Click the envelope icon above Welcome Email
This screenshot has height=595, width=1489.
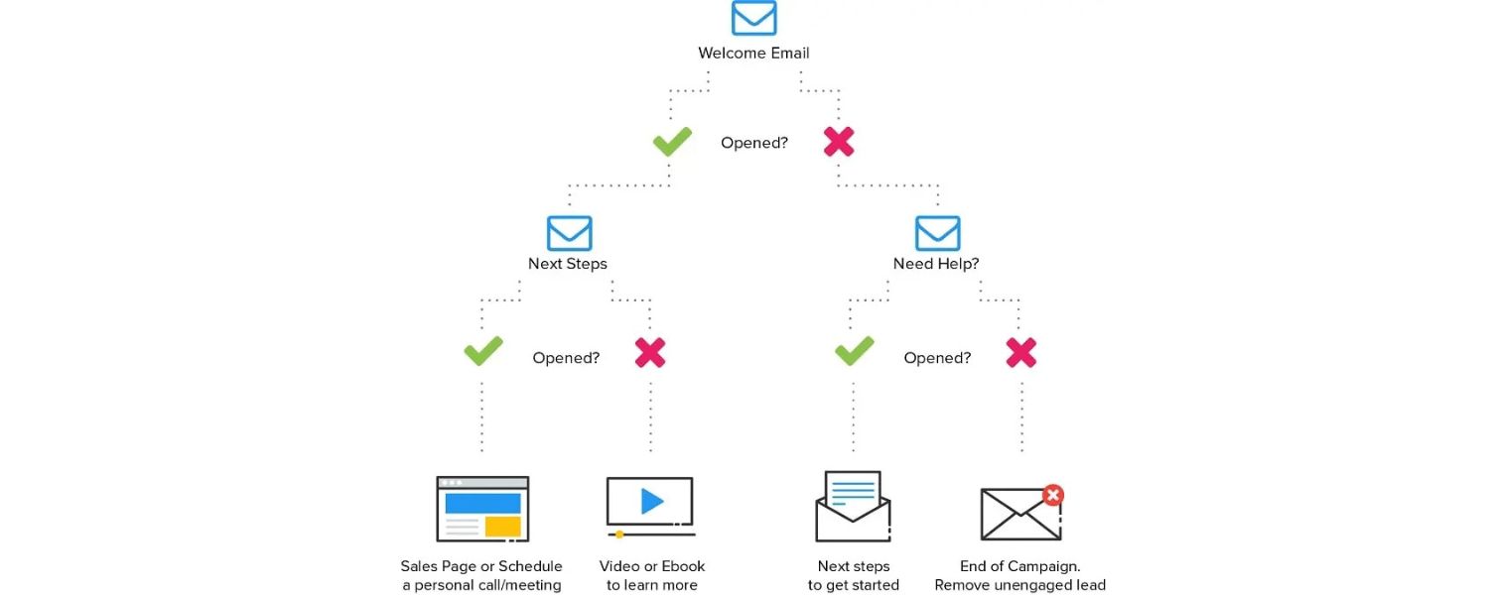(x=754, y=18)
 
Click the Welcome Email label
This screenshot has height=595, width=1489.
(x=753, y=54)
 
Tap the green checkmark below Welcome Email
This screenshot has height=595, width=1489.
(x=672, y=142)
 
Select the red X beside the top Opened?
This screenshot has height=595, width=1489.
(x=839, y=142)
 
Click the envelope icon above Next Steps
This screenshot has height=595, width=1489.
(x=569, y=233)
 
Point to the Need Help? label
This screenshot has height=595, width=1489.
(x=936, y=264)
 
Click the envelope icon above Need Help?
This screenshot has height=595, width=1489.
(x=937, y=233)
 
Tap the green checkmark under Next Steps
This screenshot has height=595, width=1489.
(x=483, y=351)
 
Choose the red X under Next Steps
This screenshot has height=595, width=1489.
(x=650, y=352)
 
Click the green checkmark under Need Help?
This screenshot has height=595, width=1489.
(x=854, y=351)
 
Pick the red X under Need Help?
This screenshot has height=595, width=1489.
(x=1020, y=352)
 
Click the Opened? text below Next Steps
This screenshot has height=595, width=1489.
(x=566, y=358)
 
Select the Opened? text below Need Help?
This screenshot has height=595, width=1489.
(x=937, y=358)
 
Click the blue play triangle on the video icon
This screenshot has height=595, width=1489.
(x=652, y=502)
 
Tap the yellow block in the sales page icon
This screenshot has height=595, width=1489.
(x=503, y=526)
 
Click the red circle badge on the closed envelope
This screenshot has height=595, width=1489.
(x=1053, y=495)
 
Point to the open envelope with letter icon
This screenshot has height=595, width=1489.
(x=853, y=507)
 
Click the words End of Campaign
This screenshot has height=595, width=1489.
(x=1020, y=566)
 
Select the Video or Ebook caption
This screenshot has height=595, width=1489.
(x=652, y=566)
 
